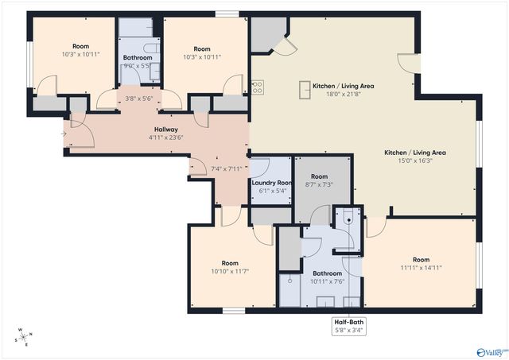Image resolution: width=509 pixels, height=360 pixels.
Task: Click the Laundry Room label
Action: (x=270, y=182)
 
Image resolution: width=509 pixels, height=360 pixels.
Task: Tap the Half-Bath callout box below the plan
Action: (x=349, y=326)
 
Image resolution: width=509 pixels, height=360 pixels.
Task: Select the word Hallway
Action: (x=165, y=129)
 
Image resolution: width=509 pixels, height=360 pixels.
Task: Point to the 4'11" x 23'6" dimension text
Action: (x=165, y=137)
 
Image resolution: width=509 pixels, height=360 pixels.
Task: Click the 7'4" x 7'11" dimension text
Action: (x=227, y=168)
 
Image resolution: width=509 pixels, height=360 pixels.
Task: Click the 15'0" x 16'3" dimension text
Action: (x=414, y=161)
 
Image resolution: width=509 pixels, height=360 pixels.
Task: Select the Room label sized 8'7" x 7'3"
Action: (x=319, y=176)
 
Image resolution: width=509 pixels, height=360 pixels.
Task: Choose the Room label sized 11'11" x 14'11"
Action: (x=421, y=260)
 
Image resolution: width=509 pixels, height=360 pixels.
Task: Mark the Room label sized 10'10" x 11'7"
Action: (x=230, y=263)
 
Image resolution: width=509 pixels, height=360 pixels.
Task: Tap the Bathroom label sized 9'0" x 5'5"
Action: (x=138, y=57)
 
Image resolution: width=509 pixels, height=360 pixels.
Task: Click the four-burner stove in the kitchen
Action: (x=257, y=87)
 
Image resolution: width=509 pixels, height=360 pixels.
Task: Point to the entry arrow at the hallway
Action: (x=64, y=134)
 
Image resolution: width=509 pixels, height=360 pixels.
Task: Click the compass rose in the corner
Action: (x=25, y=338)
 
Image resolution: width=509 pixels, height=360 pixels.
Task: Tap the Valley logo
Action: (x=492, y=350)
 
